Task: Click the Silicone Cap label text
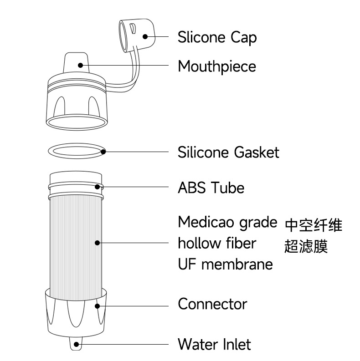click(x=217, y=37)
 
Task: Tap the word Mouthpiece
click(x=216, y=66)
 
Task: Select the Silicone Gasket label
click(x=228, y=152)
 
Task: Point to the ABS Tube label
click(x=211, y=188)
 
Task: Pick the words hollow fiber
click(x=216, y=243)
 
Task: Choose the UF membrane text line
click(x=225, y=264)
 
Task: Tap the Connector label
click(x=212, y=304)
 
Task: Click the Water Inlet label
click(x=214, y=344)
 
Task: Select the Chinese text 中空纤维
click(x=314, y=225)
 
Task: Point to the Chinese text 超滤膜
click(x=306, y=246)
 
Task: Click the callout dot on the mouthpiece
click(x=81, y=66)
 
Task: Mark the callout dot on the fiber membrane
click(x=97, y=243)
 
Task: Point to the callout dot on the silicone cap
click(x=145, y=36)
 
